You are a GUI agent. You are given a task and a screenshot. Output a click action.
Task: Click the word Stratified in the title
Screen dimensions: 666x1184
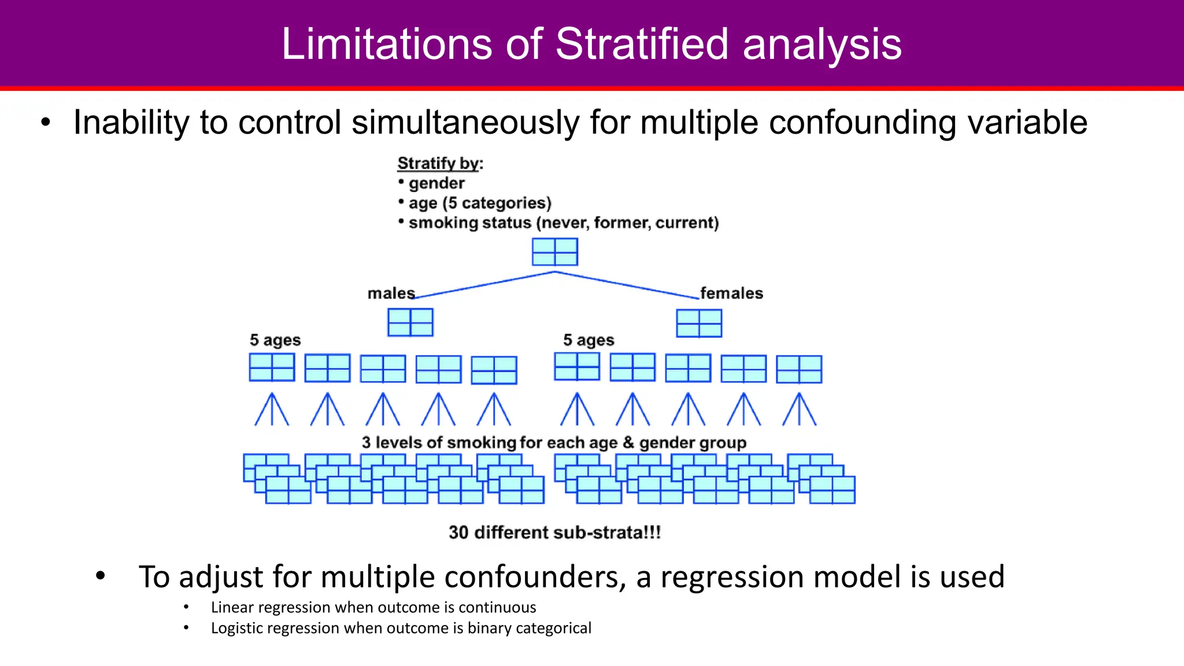click(x=642, y=44)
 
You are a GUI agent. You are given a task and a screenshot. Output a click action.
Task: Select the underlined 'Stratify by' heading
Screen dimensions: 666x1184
click(x=438, y=164)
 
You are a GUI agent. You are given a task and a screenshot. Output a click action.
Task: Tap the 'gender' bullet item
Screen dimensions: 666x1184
click(x=436, y=183)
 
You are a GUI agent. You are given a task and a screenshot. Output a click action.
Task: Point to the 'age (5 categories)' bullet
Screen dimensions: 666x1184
click(x=479, y=203)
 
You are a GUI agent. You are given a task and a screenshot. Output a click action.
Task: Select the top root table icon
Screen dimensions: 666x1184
click(x=554, y=252)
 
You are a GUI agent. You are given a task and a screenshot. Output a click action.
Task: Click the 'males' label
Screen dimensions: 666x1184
click(x=391, y=294)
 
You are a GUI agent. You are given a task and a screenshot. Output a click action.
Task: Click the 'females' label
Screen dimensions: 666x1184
click(x=731, y=294)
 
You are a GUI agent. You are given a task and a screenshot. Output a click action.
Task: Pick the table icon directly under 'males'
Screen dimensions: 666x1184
click(x=410, y=323)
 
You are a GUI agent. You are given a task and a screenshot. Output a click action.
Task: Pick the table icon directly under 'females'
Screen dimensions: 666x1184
click(x=699, y=323)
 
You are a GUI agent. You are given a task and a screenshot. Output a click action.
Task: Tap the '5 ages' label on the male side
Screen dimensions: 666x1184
click(x=275, y=340)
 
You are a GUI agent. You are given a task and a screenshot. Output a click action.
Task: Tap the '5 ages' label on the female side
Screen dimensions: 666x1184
click(x=589, y=340)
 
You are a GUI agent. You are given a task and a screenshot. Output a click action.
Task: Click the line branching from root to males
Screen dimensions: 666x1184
click(x=484, y=285)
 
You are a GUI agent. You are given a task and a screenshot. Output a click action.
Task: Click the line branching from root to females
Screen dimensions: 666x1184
click(x=627, y=285)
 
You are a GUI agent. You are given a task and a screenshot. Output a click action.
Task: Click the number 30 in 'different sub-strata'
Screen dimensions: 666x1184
click(x=458, y=532)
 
